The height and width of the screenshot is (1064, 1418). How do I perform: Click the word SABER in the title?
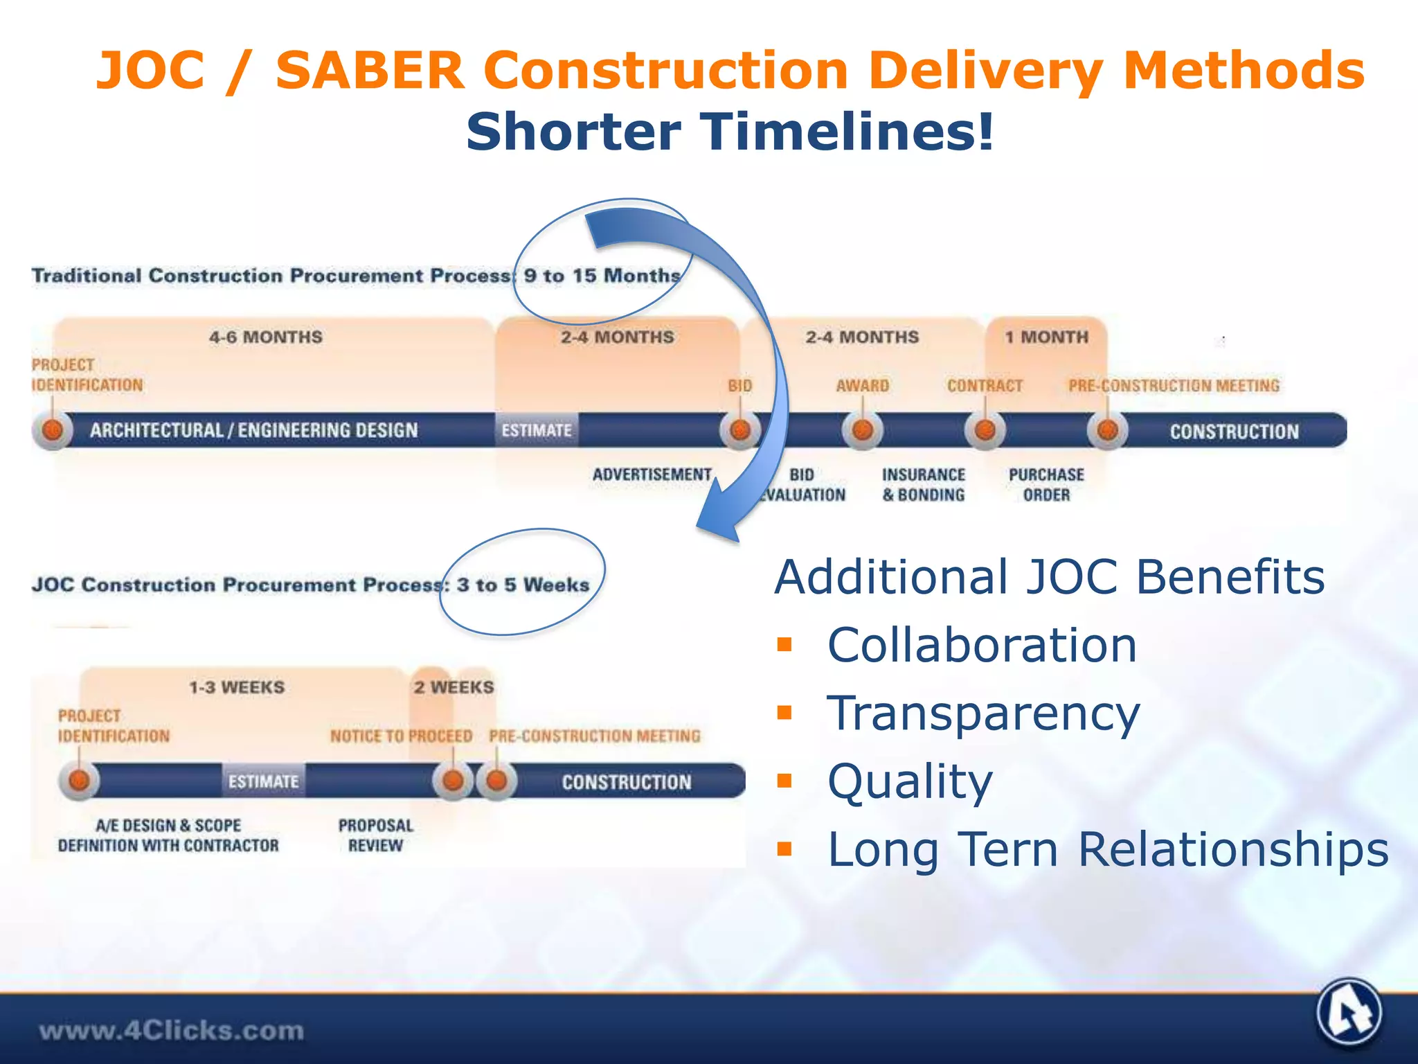point(370,71)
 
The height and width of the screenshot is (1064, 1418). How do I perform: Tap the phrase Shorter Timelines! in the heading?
point(730,132)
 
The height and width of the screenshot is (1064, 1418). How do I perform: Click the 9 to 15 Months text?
point(602,276)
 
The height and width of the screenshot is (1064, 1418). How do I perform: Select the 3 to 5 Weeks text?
point(523,585)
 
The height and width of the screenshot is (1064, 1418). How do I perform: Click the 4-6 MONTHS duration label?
point(266,337)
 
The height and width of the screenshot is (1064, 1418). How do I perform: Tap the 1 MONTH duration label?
point(1046,337)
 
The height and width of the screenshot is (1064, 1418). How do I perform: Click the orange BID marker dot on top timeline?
point(740,430)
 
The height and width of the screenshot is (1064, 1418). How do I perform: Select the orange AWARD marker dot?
point(862,430)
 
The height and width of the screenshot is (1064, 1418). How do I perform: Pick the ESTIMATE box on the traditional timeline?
point(537,430)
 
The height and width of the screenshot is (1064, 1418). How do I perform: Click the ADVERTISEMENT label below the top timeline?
point(652,475)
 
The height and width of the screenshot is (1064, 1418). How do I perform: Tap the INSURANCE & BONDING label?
point(923,485)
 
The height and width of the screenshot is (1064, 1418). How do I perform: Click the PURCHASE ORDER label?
point(1046,485)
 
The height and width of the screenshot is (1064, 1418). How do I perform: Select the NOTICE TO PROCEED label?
point(401,736)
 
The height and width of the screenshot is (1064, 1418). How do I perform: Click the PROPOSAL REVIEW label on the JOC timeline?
point(375,835)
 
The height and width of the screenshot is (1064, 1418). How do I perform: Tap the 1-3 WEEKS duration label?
point(237,688)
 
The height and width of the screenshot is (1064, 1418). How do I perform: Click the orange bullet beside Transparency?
point(784,713)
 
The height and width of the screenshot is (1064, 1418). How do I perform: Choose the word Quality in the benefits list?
point(910,781)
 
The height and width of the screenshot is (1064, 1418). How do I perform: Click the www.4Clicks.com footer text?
point(171,1031)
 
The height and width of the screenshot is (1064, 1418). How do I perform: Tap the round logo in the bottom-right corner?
point(1349,1013)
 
